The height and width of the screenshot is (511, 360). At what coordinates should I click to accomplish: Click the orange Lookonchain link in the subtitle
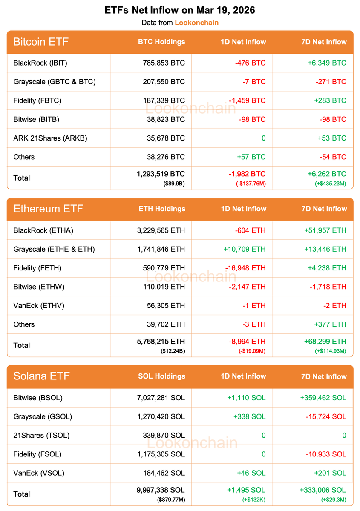(196, 23)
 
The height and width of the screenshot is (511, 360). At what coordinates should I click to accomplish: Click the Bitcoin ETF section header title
(41, 42)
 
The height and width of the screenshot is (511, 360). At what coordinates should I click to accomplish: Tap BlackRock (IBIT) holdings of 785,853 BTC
(164, 63)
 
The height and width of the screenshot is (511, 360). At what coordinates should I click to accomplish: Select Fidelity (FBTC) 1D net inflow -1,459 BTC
(247, 100)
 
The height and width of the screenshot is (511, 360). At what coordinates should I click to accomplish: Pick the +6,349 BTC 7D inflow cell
(327, 63)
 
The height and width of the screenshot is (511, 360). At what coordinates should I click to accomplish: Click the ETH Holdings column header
(162, 209)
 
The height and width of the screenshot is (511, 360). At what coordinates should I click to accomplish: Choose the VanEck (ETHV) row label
(39, 305)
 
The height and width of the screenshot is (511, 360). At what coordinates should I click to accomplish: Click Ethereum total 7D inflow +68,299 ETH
(325, 341)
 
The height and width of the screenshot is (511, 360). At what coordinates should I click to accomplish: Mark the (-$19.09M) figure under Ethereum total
(251, 351)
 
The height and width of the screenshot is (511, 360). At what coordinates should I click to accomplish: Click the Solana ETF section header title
(41, 376)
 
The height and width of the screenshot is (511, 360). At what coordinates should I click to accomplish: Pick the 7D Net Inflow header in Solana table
(324, 376)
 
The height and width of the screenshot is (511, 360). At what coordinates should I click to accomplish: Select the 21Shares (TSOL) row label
(41, 435)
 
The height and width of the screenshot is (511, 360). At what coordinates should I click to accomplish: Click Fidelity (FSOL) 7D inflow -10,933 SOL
(326, 454)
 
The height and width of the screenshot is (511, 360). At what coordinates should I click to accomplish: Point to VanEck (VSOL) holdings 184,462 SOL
(164, 473)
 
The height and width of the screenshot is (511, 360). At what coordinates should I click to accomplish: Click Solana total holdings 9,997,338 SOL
(158, 490)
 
